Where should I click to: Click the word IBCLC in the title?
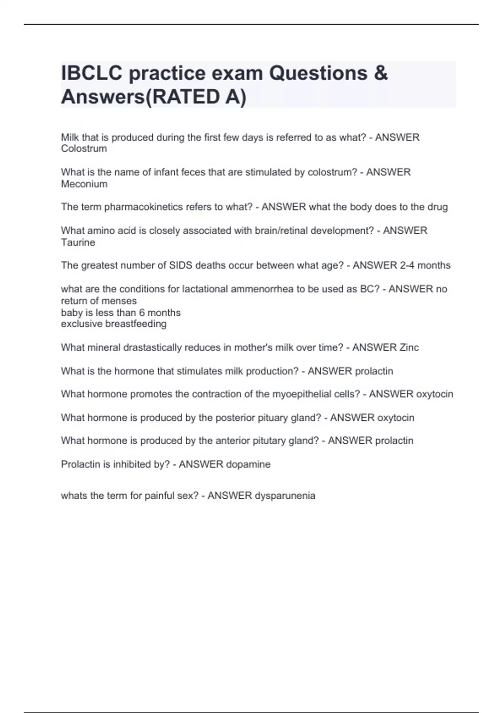[92, 73]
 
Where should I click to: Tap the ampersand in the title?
[380, 73]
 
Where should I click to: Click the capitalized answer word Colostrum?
[84, 148]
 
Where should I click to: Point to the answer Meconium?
[84, 184]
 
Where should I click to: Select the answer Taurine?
[78, 242]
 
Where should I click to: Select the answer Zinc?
[409, 347]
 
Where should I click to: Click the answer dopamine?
[248, 464]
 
